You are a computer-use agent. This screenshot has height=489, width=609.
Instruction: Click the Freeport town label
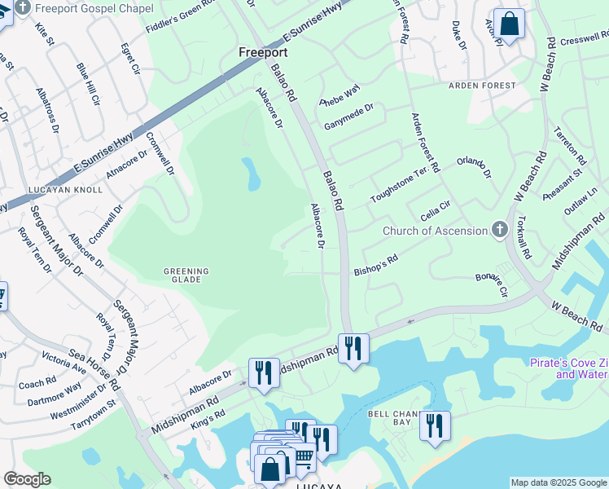pyautogui.click(x=264, y=52)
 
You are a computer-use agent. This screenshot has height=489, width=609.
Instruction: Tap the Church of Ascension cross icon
pyautogui.click(x=500, y=231)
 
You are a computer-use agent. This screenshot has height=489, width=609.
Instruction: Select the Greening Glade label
pyautogui.click(x=186, y=275)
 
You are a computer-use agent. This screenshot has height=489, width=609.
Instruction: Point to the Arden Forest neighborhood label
pyautogui.click(x=482, y=85)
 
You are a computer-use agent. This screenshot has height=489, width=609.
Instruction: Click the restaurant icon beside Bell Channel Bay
pyautogui.click(x=435, y=425)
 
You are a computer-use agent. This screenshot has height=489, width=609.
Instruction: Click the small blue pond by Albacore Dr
pyautogui.click(x=251, y=172)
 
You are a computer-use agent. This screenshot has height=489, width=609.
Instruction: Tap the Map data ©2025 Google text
pyautogui.click(x=559, y=482)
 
